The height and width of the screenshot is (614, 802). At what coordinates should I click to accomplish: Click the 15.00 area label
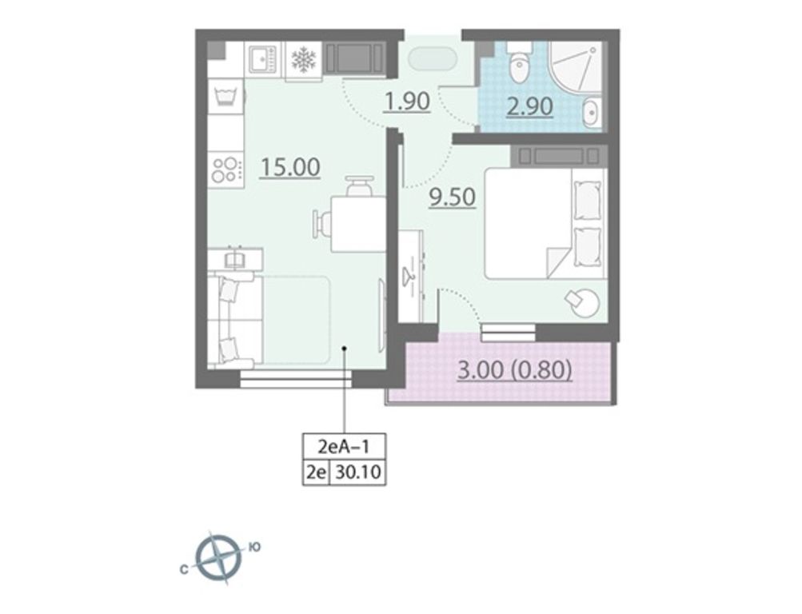coord(290,167)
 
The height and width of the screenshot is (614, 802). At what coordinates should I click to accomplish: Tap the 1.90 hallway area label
coord(407,102)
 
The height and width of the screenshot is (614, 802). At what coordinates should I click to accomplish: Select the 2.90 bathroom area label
coord(530,107)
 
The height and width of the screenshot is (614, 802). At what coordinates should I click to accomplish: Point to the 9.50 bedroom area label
coord(453,197)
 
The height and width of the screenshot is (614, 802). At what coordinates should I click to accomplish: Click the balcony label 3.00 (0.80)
coord(515,370)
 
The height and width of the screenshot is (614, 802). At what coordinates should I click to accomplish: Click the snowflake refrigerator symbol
coord(303,59)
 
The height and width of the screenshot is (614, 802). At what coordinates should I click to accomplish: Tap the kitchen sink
coord(263,59)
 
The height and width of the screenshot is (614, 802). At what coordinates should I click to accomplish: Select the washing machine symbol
coord(225,96)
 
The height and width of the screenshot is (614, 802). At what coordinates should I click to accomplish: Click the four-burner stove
coord(225,169)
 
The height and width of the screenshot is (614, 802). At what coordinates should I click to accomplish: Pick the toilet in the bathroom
coord(521,64)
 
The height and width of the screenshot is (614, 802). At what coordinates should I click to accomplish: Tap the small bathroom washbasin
coord(593,111)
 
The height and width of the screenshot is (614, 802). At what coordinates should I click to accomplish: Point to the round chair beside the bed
coord(582,303)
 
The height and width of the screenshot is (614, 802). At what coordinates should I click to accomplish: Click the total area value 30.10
coord(358,472)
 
